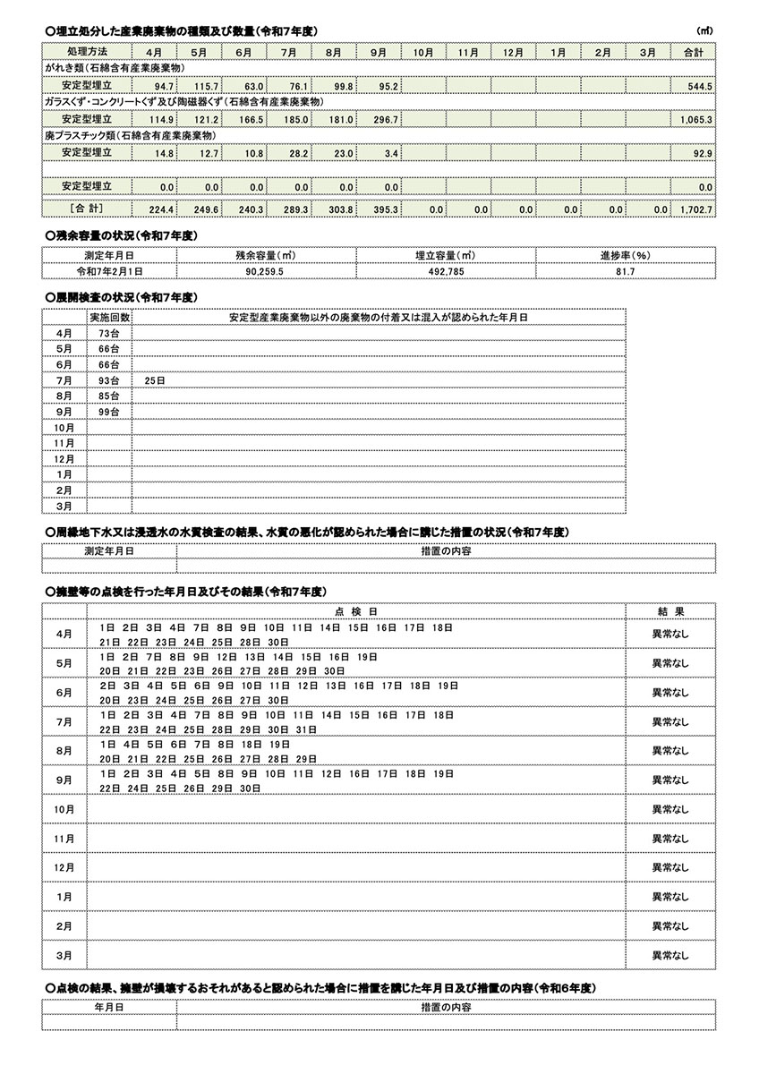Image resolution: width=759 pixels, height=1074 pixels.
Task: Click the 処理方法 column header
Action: pos(87,53)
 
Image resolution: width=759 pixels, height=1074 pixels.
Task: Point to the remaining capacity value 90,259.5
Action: pos(266,269)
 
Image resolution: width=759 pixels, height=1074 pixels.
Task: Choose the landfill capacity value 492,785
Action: pos(445,269)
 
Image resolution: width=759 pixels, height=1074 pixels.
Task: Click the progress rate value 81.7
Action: pos(625,269)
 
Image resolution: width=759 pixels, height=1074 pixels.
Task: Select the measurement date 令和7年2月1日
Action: pos(108,269)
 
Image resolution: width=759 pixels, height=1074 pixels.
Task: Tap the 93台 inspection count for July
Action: pos(108,380)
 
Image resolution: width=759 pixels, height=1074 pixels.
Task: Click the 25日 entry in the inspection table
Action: pos(154,380)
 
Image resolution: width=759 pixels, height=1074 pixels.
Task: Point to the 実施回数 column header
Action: pos(109,317)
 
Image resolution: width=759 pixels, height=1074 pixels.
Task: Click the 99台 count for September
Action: pos(108,412)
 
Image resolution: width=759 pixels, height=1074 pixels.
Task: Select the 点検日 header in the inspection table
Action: pos(356,610)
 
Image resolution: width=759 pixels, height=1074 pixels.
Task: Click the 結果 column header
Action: pos(670,610)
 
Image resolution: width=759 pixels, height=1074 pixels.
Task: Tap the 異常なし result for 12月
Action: pos(670,867)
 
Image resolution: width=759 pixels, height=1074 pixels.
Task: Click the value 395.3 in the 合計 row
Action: pos(384,209)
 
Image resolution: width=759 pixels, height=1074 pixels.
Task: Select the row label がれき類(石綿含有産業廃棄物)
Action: pos(114,69)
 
